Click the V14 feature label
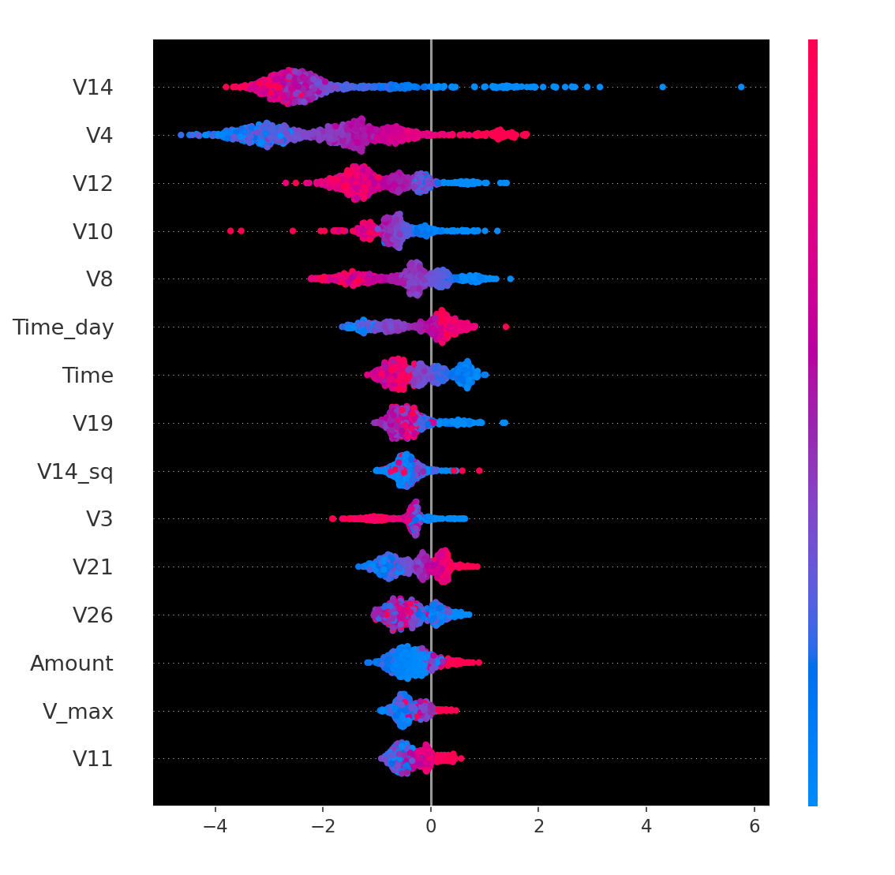tap(93, 88)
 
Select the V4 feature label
tap(99, 136)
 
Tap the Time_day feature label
tap(63, 327)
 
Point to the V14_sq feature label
tap(75, 472)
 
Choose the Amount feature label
tap(72, 664)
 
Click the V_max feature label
tap(78, 712)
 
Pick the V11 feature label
tap(93, 759)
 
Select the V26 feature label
tap(93, 615)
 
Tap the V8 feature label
tap(99, 279)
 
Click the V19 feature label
tap(93, 424)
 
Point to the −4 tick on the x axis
tap(215, 826)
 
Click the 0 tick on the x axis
tap(431, 826)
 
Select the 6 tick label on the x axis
tap(755, 826)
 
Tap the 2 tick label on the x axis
tap(539, 826)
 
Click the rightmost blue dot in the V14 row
tap(741, 87)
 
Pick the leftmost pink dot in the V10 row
tap(230, 231)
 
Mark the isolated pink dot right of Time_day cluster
tap(506, 327)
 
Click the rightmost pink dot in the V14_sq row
tap(479, 471)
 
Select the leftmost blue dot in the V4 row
tap(181, 135)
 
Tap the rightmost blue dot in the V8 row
tap(510, 279)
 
